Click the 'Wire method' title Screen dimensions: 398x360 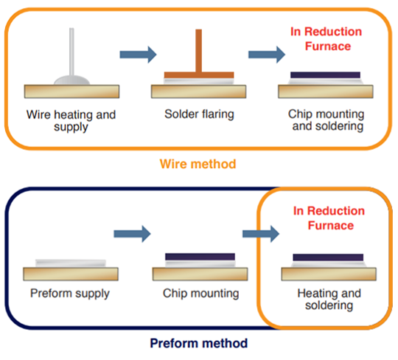pos(198,164)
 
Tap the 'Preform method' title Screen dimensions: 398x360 pos(199,343)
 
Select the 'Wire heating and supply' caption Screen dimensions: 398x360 pos(71,120)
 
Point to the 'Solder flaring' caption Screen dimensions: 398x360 pos(199,114)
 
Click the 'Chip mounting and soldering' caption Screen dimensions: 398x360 pos(326,120)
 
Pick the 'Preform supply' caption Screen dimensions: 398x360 pos(70,294)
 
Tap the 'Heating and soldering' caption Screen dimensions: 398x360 pos(329,299)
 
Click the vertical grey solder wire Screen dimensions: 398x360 pos(71,52)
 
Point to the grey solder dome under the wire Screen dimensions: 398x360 pos(71,80)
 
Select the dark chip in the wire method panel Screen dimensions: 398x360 pos(326,75)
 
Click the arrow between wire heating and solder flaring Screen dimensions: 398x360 pos(138,55)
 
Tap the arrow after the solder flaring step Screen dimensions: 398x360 pos(267,55)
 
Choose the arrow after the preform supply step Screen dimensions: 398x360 pos(132,234)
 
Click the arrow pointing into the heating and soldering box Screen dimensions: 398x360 pos(261,234)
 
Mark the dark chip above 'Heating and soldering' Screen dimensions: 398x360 pos(328,257)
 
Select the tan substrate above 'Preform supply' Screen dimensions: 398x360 pos(71,274)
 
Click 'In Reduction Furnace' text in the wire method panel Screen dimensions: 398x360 pos(327,39)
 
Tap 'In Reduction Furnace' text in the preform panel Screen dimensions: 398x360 pos(329,218)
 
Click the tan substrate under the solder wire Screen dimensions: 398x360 pos(71,91)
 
